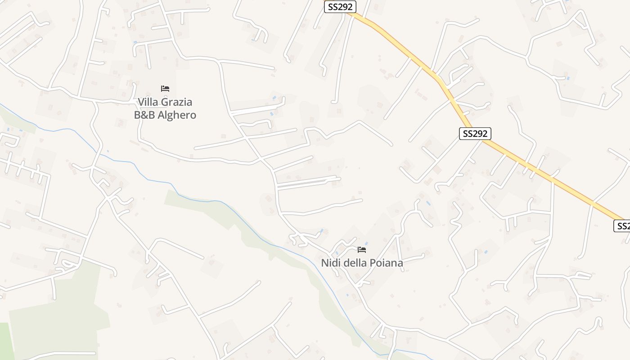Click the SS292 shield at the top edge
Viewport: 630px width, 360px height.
tap(340, 7)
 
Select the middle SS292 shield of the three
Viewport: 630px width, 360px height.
tap(475, 134)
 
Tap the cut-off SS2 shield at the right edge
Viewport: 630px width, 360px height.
tap(622, 225)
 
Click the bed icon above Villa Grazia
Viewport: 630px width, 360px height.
tap(165, 89)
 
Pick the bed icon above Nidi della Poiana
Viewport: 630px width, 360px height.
tap(362, 249)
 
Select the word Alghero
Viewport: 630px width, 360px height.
tap(178, 115)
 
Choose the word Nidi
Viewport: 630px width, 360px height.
tap(331, 262)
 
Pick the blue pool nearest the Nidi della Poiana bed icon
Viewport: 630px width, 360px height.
tap(366, 243)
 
